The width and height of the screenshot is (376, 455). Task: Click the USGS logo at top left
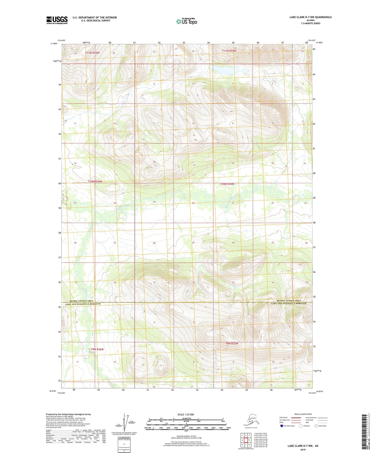pos(57,20)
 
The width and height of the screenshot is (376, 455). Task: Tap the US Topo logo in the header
pos(186,21)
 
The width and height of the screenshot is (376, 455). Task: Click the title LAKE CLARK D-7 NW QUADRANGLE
pos(310,17)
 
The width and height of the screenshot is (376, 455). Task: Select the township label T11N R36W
pos(92,53)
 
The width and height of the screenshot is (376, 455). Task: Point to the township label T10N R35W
pos(227,184)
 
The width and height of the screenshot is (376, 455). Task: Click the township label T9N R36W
pos(97,349)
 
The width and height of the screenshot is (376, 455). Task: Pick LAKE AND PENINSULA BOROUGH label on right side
pos(289,304)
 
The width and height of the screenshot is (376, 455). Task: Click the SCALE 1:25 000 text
pos(186,415)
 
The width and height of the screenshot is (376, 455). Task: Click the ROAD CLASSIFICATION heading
pos(303,414)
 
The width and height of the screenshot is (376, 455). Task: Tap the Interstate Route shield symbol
pos(282,426)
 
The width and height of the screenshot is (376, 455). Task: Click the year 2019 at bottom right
pos(303,450)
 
